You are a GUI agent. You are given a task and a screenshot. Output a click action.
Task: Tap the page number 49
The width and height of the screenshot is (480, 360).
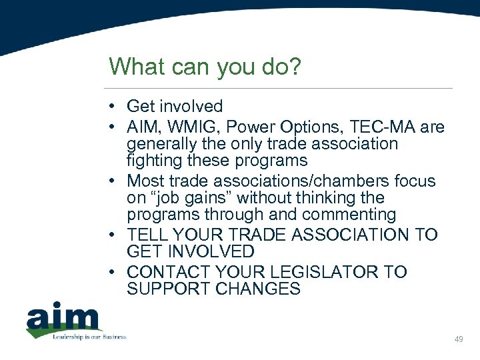click(458, 340)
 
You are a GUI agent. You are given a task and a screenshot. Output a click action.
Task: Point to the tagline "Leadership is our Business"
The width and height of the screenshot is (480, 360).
click(89, 337)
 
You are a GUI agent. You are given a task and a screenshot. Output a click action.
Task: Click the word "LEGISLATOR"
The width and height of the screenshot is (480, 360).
click(320, 272)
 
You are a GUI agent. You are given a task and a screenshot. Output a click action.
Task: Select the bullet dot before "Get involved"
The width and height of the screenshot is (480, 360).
click(115, 107)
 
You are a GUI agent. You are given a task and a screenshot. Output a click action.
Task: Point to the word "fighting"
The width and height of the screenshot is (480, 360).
click(155, 161)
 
